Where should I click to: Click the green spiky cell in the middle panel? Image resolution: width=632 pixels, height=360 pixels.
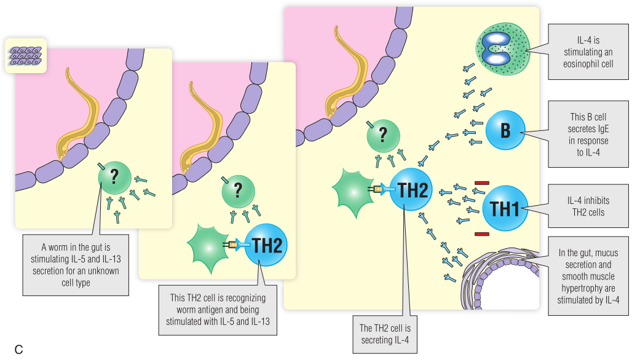pos(210,245)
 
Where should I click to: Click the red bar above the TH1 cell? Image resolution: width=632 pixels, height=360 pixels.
pos(482,182)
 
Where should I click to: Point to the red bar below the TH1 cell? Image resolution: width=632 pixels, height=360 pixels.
pos(482,234)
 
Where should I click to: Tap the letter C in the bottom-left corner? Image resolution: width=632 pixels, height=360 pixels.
pos(18,350)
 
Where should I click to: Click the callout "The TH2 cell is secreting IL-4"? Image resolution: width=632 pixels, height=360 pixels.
pos(385,332)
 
